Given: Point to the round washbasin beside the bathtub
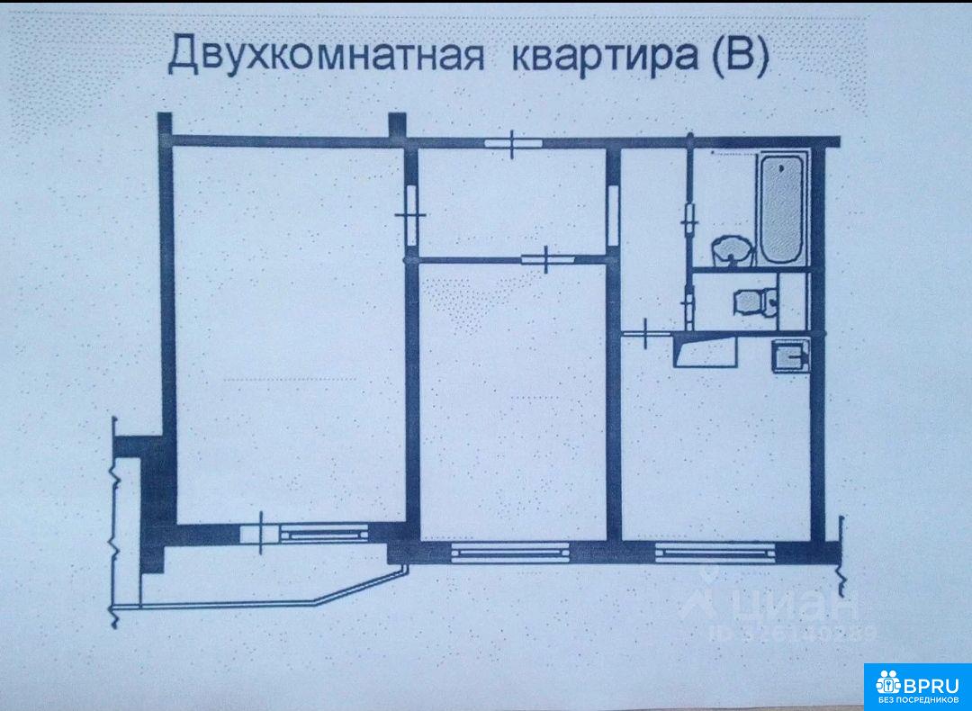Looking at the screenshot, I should click(x=731, y=250).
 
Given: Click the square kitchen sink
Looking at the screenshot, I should click(x=790, y=357).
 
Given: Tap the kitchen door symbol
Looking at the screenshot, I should click(x=648, y=334).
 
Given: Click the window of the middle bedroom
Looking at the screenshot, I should click(x=508, y=551).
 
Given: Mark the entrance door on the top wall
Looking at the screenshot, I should click(x=511, y=143).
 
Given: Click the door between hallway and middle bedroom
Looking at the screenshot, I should click(x=548, y=259).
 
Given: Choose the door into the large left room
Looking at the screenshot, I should click(x=410, y=214).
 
